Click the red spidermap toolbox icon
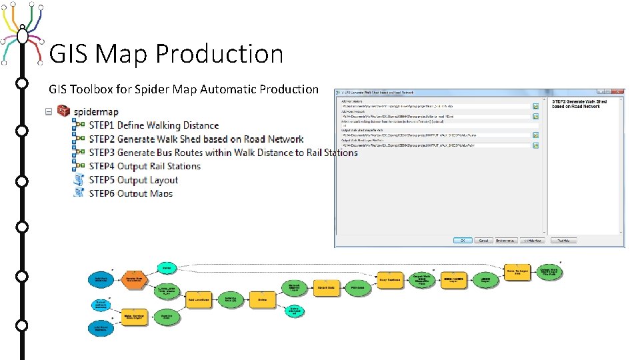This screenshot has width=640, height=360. (64, 111)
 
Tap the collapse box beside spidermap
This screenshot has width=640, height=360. (49, 111)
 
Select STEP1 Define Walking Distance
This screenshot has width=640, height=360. (154, 125)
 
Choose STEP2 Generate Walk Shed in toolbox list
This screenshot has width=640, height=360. (196, 139)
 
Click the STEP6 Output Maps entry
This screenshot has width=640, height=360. (131, 193)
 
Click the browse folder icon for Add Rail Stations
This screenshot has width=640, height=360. (535, 106)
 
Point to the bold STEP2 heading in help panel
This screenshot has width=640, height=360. (579, 104)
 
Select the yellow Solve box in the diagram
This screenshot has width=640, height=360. (263, 299)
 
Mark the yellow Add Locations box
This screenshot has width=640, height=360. (199, 299)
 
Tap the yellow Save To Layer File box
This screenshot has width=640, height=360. (517, 271)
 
